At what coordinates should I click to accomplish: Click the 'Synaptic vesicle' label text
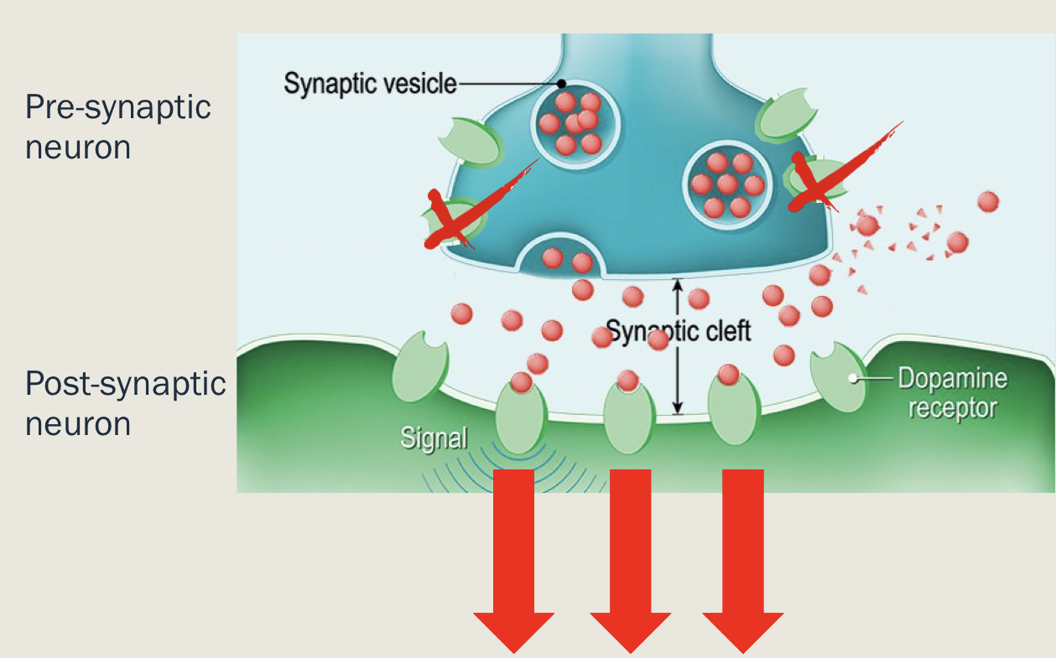tap(369, 84)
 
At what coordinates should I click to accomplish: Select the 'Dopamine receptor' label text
tap(951, 393)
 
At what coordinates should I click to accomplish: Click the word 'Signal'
tap(433, 438)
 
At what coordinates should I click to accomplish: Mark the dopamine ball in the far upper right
tap(988, 202)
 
